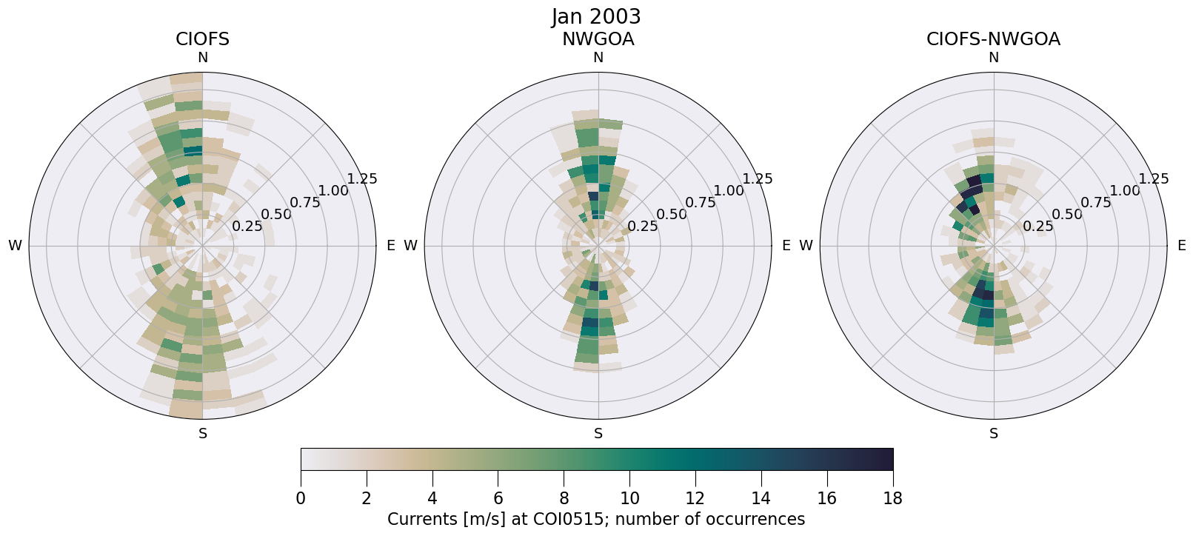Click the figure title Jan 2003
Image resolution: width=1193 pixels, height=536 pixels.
click(596, 16)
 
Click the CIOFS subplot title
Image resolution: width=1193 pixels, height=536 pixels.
click(202, 39)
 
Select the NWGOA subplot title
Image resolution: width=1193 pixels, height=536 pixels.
click(598, 39)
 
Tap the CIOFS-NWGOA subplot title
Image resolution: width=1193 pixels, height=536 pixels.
click(993, 39)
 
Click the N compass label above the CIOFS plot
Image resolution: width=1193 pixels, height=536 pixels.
click(202, 58)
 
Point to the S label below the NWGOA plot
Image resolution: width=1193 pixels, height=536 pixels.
click(598, 434)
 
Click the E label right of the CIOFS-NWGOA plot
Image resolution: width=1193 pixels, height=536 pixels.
click(1181, 246)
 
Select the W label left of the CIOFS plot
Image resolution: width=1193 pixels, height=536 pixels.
click(15, 246)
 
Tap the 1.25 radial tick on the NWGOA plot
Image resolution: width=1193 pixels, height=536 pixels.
click(758, 178)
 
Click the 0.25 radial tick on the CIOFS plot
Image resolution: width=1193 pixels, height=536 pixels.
click(247, 227)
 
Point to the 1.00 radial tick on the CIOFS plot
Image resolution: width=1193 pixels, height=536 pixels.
click(333, 190)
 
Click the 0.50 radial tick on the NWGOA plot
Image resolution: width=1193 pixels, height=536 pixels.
click(672, 215)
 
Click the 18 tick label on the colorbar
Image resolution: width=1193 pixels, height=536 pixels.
click(892, 498)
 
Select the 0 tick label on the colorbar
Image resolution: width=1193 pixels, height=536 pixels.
click(301, 498)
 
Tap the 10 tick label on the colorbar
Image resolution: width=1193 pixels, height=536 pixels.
click(629, 498)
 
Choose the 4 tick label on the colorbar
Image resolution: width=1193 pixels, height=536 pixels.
click(432, 498)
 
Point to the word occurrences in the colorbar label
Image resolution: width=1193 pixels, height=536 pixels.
click(758, 519)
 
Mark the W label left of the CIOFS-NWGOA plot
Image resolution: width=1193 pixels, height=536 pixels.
click(806, 246)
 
